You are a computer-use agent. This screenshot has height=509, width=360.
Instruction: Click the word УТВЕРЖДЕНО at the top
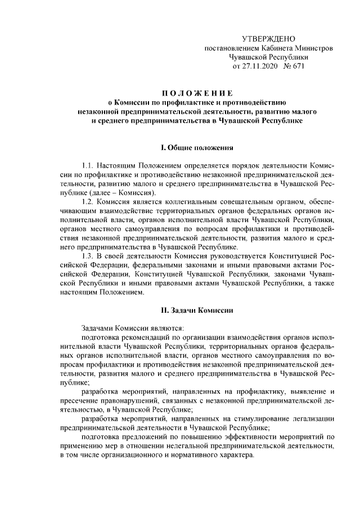(268, 39)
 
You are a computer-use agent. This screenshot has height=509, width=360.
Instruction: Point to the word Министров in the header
(310, 48)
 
